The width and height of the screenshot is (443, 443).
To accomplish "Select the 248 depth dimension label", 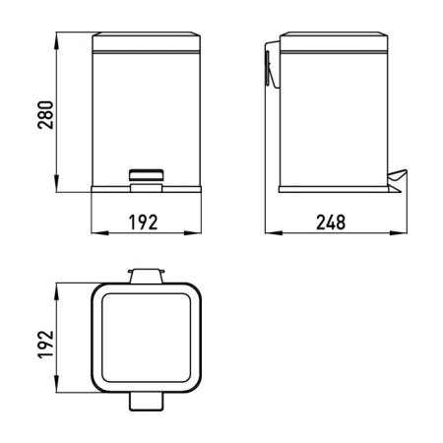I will point(332,221).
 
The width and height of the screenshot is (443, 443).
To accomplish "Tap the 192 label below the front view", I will point(142,221).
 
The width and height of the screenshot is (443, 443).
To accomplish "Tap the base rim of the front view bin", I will point(142,187).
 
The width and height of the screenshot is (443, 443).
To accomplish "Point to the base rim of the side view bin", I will point(330,187).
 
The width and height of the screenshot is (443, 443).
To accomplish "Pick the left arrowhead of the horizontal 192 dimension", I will point(95,233).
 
